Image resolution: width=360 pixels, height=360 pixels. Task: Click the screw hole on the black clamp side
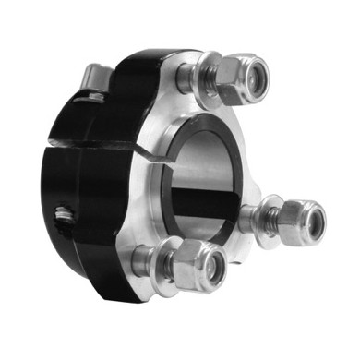point(63,217)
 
